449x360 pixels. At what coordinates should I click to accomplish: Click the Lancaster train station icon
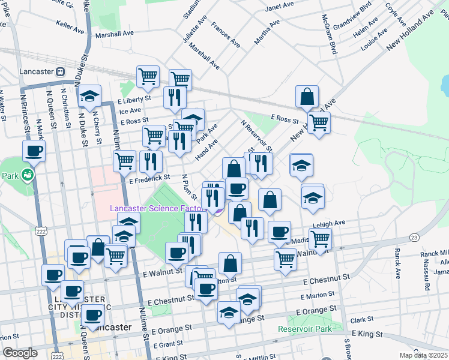(60, 71)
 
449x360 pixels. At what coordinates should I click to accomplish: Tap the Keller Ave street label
(70, 27)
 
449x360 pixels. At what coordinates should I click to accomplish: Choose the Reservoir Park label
(305, 329)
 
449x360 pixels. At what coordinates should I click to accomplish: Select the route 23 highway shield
(414, 238)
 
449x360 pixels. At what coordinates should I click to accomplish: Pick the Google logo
(20, 353)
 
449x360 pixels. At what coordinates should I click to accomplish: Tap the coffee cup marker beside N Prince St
(34, 151)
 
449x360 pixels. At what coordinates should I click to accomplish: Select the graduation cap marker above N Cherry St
(89, 95)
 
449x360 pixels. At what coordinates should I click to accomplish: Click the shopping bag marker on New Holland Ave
(307, 97)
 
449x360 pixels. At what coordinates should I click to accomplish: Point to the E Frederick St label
(149, 178)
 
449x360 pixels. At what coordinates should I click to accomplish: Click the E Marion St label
(318, 295)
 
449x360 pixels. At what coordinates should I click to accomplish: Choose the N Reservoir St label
(257, 136)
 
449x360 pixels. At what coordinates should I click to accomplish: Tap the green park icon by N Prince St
(27, 176)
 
